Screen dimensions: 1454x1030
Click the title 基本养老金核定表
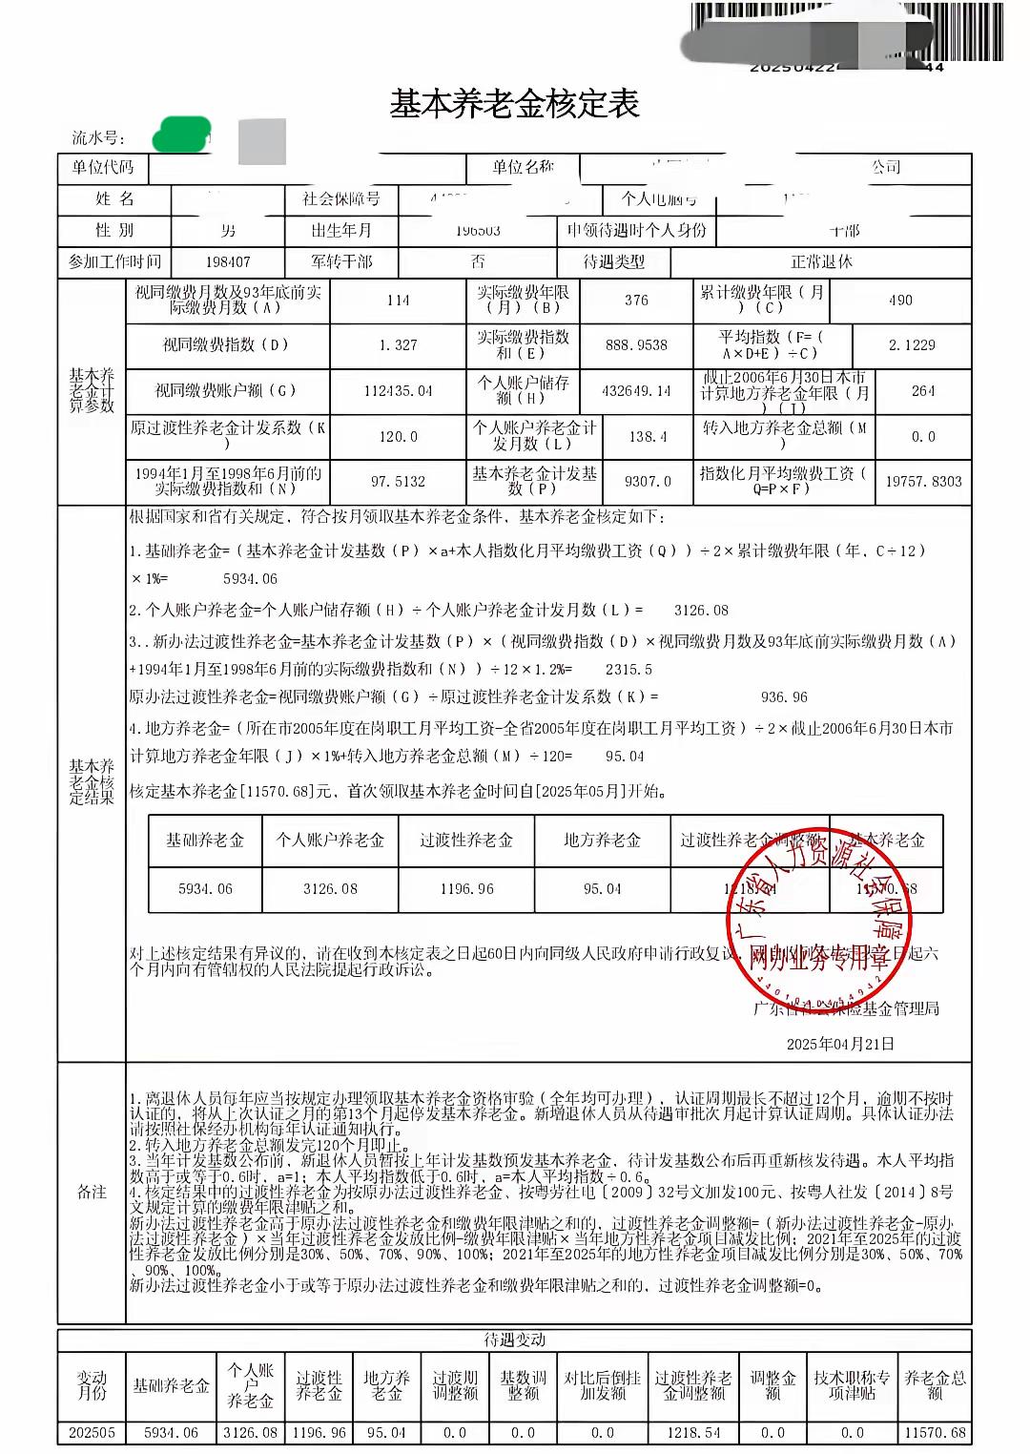[x=513, y=104]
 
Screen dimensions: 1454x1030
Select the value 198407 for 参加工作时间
[x=228, y=261]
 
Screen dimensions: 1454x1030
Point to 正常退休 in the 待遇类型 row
[x=821, y=261]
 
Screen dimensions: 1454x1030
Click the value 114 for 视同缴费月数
[x=398, y=300]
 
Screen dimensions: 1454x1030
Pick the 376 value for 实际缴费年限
[x=636, y=300]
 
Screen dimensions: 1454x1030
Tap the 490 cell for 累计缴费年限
[x=900, y=300]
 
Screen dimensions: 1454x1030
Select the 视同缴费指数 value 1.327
[x=398, y=345]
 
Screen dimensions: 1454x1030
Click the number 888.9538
[x=636, y=345]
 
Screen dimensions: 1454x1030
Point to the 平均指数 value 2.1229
[x=911, y=345]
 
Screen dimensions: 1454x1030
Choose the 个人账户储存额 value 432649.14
[x=636, y=391]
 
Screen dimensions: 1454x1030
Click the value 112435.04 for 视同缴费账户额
[x=398, y=391]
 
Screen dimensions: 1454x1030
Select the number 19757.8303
[x=923, y=482]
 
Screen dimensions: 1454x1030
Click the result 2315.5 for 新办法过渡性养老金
[x=628, y=670]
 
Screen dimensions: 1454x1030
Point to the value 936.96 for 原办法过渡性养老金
[x=784, y=697]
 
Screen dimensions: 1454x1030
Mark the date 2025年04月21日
[x=840, y=1044]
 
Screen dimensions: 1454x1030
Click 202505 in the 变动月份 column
[x=92, y=1433]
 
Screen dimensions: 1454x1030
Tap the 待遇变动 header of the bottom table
[x=515, y=1340]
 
